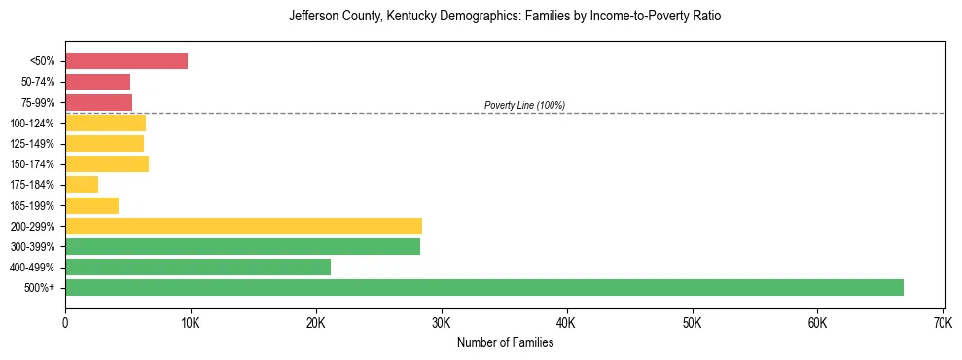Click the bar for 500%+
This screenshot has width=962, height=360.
click(484, 287)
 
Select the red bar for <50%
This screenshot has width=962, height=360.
click(126, 60)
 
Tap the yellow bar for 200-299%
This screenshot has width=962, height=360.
click(243, 226)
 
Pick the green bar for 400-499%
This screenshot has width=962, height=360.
click(197, 267)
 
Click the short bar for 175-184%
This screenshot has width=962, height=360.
click(82, 184)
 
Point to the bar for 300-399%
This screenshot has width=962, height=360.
click(242, 246)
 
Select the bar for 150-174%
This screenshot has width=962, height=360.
click(107, 163)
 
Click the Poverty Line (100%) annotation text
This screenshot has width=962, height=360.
click(524, 105)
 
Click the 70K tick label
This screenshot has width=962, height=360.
click(942, 321)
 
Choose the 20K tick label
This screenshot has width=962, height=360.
click(316, 321)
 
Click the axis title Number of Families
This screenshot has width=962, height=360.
click(505, 342)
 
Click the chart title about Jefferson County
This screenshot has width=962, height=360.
click(505, 17)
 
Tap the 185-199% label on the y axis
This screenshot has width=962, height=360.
click(34, 205)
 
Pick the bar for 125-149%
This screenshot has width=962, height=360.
click(104, 143)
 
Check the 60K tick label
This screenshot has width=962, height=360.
click(816, 321)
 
